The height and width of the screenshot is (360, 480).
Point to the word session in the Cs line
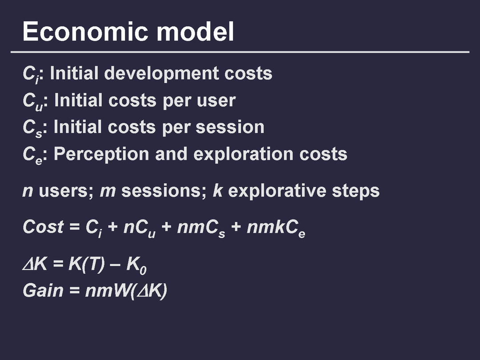point(230,127)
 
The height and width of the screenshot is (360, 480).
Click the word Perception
point(101,154)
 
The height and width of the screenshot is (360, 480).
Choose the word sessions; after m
point(164,191)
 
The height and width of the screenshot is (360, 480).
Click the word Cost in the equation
point(43,227)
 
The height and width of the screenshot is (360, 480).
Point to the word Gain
point(43,290)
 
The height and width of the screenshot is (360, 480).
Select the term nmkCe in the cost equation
point(276,228)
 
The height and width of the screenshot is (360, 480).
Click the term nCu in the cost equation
point(139,228)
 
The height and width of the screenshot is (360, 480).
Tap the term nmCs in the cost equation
point(201,228)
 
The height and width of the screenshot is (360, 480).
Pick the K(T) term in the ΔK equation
point(87,264)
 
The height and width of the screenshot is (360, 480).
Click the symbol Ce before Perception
point(32,155)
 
